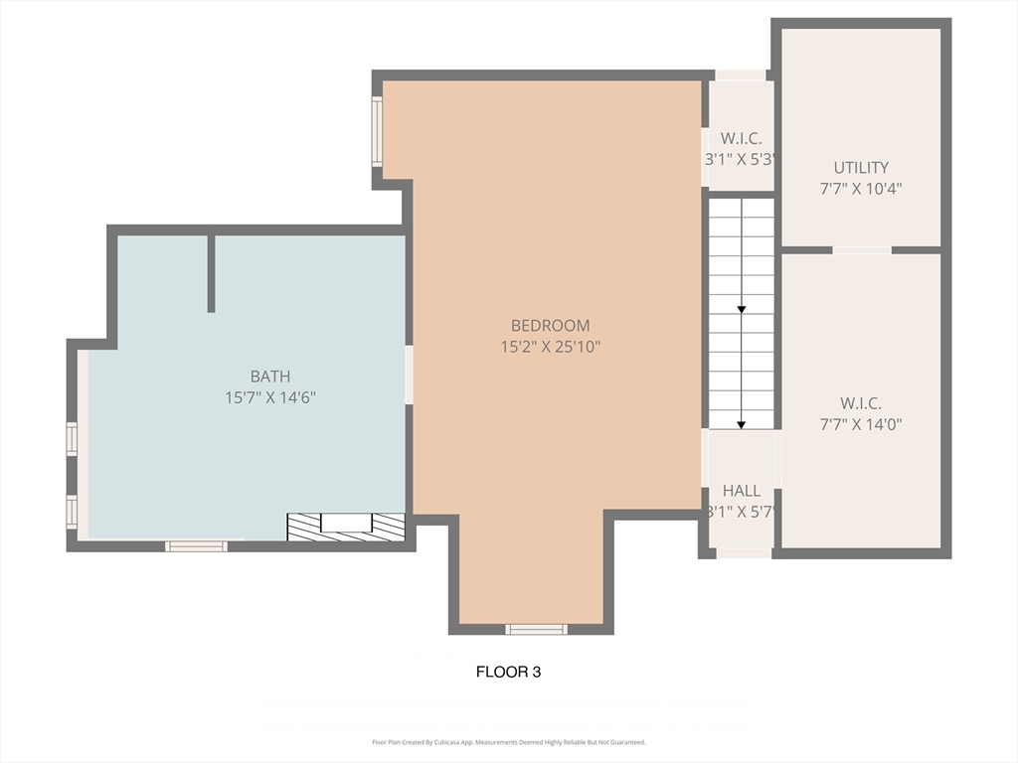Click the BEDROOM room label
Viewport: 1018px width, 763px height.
[550, 325]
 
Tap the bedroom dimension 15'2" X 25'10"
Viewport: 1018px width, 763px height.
[550, 347]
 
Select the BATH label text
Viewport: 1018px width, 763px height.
[270, 376]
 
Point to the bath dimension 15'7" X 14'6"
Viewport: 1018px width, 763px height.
[270, 397]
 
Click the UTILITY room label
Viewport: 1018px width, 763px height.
[861, 167]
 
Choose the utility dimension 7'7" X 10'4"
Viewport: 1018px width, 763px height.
[861, 188]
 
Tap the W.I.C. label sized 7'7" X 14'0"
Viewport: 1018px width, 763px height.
[861, 402]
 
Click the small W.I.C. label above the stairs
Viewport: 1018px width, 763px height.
[741, 137]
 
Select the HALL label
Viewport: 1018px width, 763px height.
[742, 490]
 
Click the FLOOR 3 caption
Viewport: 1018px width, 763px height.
[508, 672]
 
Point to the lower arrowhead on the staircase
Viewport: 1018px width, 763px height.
[742, 424]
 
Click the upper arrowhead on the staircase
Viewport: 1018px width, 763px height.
[742, 310]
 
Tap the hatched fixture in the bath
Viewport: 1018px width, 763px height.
[346, 527]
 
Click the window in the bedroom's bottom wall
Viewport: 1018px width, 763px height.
[537, 629]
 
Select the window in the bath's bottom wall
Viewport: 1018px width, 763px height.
[196, 545]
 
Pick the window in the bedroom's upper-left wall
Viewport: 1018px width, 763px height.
[377, 131]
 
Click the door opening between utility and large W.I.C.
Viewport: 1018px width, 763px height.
[861, 249]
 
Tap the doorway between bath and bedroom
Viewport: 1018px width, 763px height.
[409, 375]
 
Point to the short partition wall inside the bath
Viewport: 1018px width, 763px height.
[211, 273]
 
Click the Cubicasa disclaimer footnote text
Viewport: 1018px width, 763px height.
[508, 742]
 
